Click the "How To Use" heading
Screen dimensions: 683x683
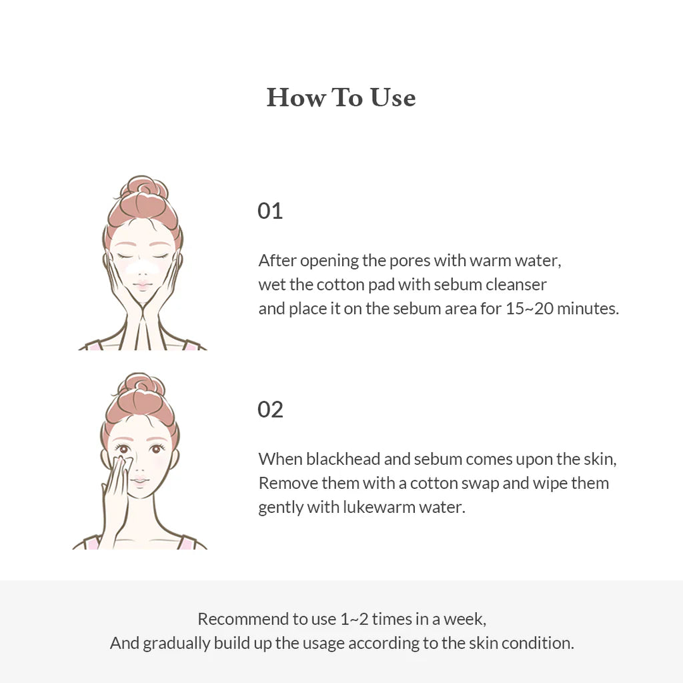pos(341,97)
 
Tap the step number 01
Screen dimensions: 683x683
pos(270,211)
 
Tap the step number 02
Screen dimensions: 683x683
pos(270,409)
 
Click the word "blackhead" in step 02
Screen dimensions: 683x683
pos(339,459)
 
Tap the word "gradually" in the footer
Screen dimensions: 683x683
pos(176,643)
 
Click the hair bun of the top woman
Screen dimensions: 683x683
pos(143,190)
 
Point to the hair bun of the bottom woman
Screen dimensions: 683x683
pos(141,386)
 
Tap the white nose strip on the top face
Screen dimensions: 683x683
pos(141,268)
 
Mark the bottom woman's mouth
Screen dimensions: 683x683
pos(139,480)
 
